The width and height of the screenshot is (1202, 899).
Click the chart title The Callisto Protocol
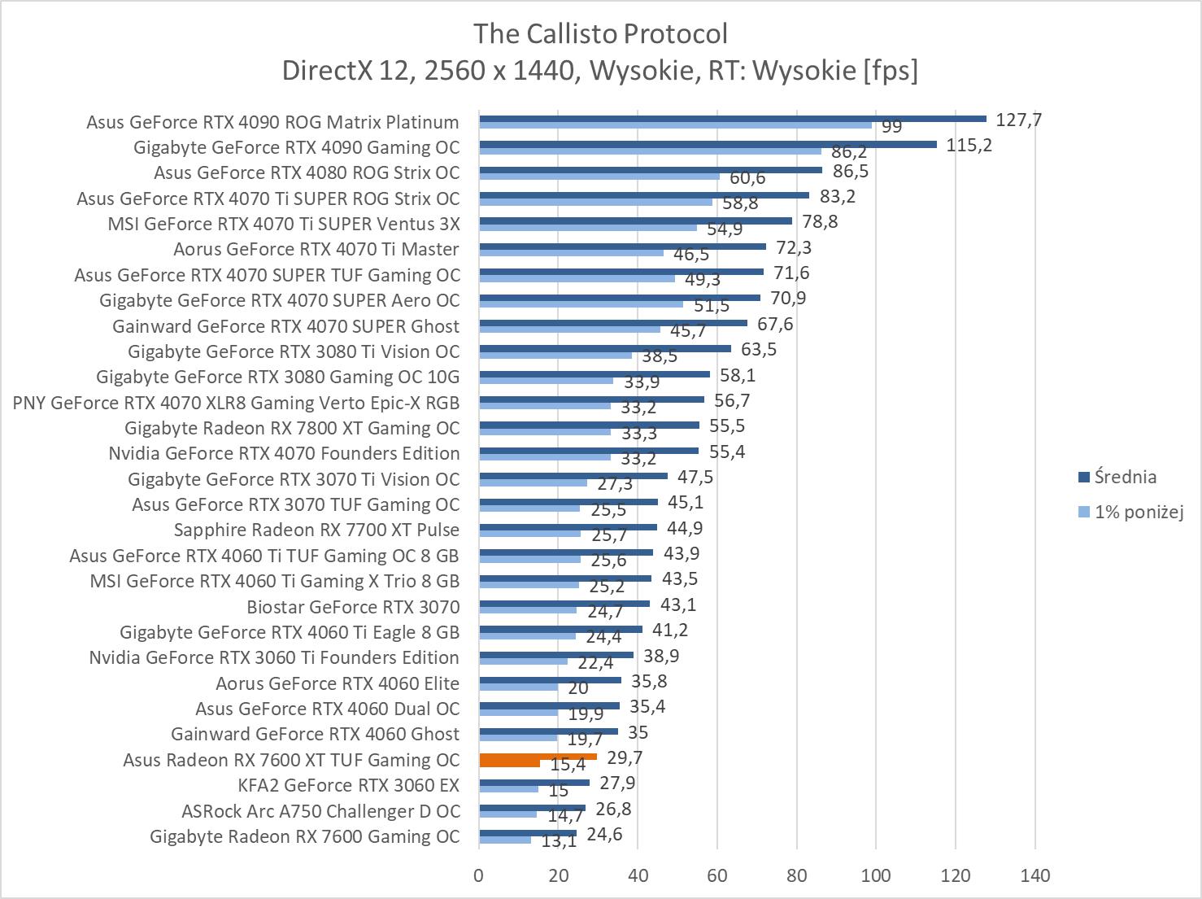point(600,33)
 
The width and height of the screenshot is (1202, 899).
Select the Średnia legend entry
point(1126,477)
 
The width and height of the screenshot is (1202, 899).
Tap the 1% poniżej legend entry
point(1139,512)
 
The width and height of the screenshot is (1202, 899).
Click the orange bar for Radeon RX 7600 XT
point(538,757)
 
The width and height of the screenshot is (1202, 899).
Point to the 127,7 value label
point(1018,120)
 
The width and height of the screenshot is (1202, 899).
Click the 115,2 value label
point(969,146)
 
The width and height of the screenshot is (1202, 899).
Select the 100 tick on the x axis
point(876,875)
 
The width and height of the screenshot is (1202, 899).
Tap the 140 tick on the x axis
point(1034,875)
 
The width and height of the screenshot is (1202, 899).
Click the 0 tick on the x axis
point(479,875)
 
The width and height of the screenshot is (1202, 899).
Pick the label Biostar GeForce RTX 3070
point(353,607)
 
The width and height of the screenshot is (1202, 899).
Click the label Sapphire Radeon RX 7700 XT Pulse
point(316,530)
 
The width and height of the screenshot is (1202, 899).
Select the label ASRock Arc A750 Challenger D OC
point(320,811)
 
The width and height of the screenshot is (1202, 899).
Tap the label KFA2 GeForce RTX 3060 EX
point(348,785)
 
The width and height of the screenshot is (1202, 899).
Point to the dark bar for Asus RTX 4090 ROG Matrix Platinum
point(732,119)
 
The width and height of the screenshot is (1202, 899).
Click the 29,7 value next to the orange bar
point(625,758)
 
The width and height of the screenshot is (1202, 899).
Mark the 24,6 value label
point(604,834)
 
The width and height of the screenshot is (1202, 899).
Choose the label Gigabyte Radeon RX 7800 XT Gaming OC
point(292,428)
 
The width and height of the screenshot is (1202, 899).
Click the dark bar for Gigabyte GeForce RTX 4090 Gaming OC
point(708,145)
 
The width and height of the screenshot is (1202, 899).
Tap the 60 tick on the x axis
point(717,875)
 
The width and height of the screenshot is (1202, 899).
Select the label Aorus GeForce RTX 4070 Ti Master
point(316,249)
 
